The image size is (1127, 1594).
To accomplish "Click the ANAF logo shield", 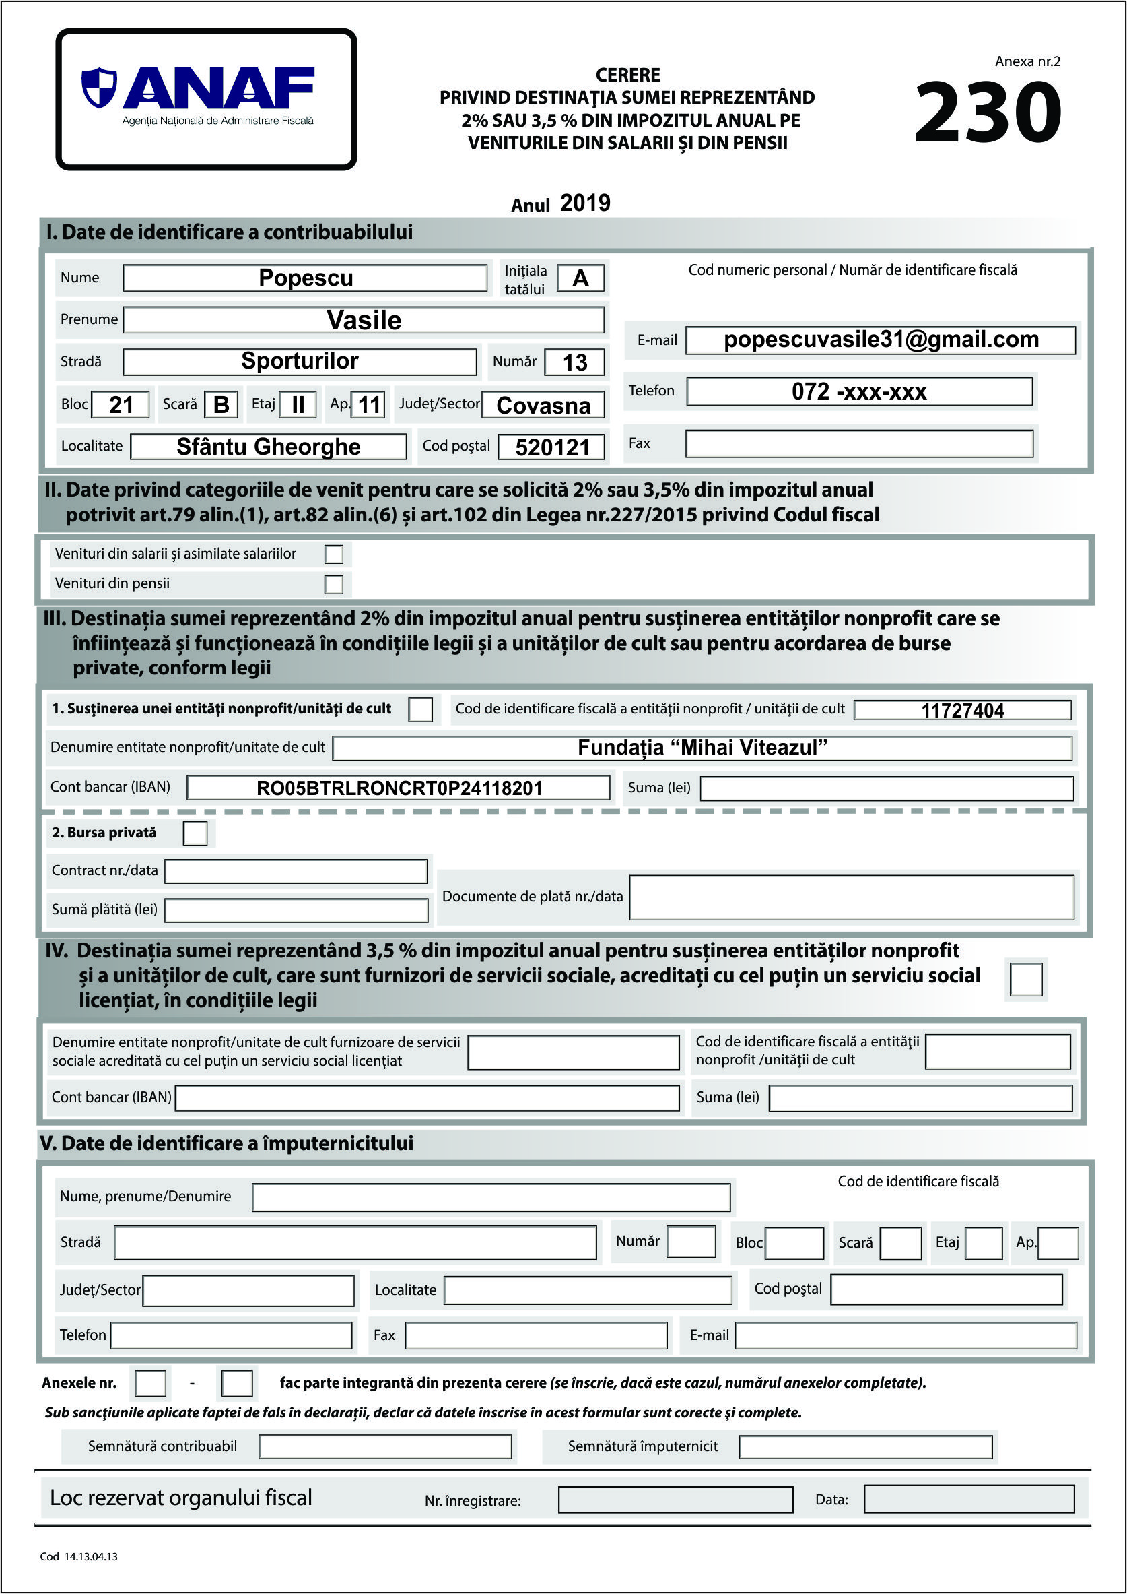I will click(98, 88).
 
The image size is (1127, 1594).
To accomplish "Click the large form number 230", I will click(988, 113).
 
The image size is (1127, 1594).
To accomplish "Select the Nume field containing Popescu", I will click(306, 278).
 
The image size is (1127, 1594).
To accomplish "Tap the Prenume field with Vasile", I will click(364, 320).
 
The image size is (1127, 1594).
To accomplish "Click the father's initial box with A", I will click(580, 278).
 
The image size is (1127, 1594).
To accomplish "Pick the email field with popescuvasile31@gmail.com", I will click(881, 340).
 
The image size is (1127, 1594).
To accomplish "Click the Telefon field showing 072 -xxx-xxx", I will click(858, 391).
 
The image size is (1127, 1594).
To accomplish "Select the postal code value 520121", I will click(551, 447).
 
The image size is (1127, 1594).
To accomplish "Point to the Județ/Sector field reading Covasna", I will click(543, 405).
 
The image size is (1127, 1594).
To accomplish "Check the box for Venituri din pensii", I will click(334, 584).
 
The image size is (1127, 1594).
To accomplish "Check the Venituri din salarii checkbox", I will click(334, 553).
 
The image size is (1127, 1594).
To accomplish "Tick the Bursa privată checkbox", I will click(195, 833).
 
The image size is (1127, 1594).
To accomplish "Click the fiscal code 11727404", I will click(962, 710).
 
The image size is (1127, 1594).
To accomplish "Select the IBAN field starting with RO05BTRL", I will click(399, 788).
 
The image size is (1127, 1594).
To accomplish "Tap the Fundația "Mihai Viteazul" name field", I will click(702, 748).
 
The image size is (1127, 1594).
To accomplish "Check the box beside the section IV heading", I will click(1026, 979).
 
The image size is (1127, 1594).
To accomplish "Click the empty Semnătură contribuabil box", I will click(385, 1447).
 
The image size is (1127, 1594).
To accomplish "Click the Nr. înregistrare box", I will click(675, 1500).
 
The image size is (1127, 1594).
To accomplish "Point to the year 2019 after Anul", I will click(585, 203).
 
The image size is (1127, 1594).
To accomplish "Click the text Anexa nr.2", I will click(1027, 61).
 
